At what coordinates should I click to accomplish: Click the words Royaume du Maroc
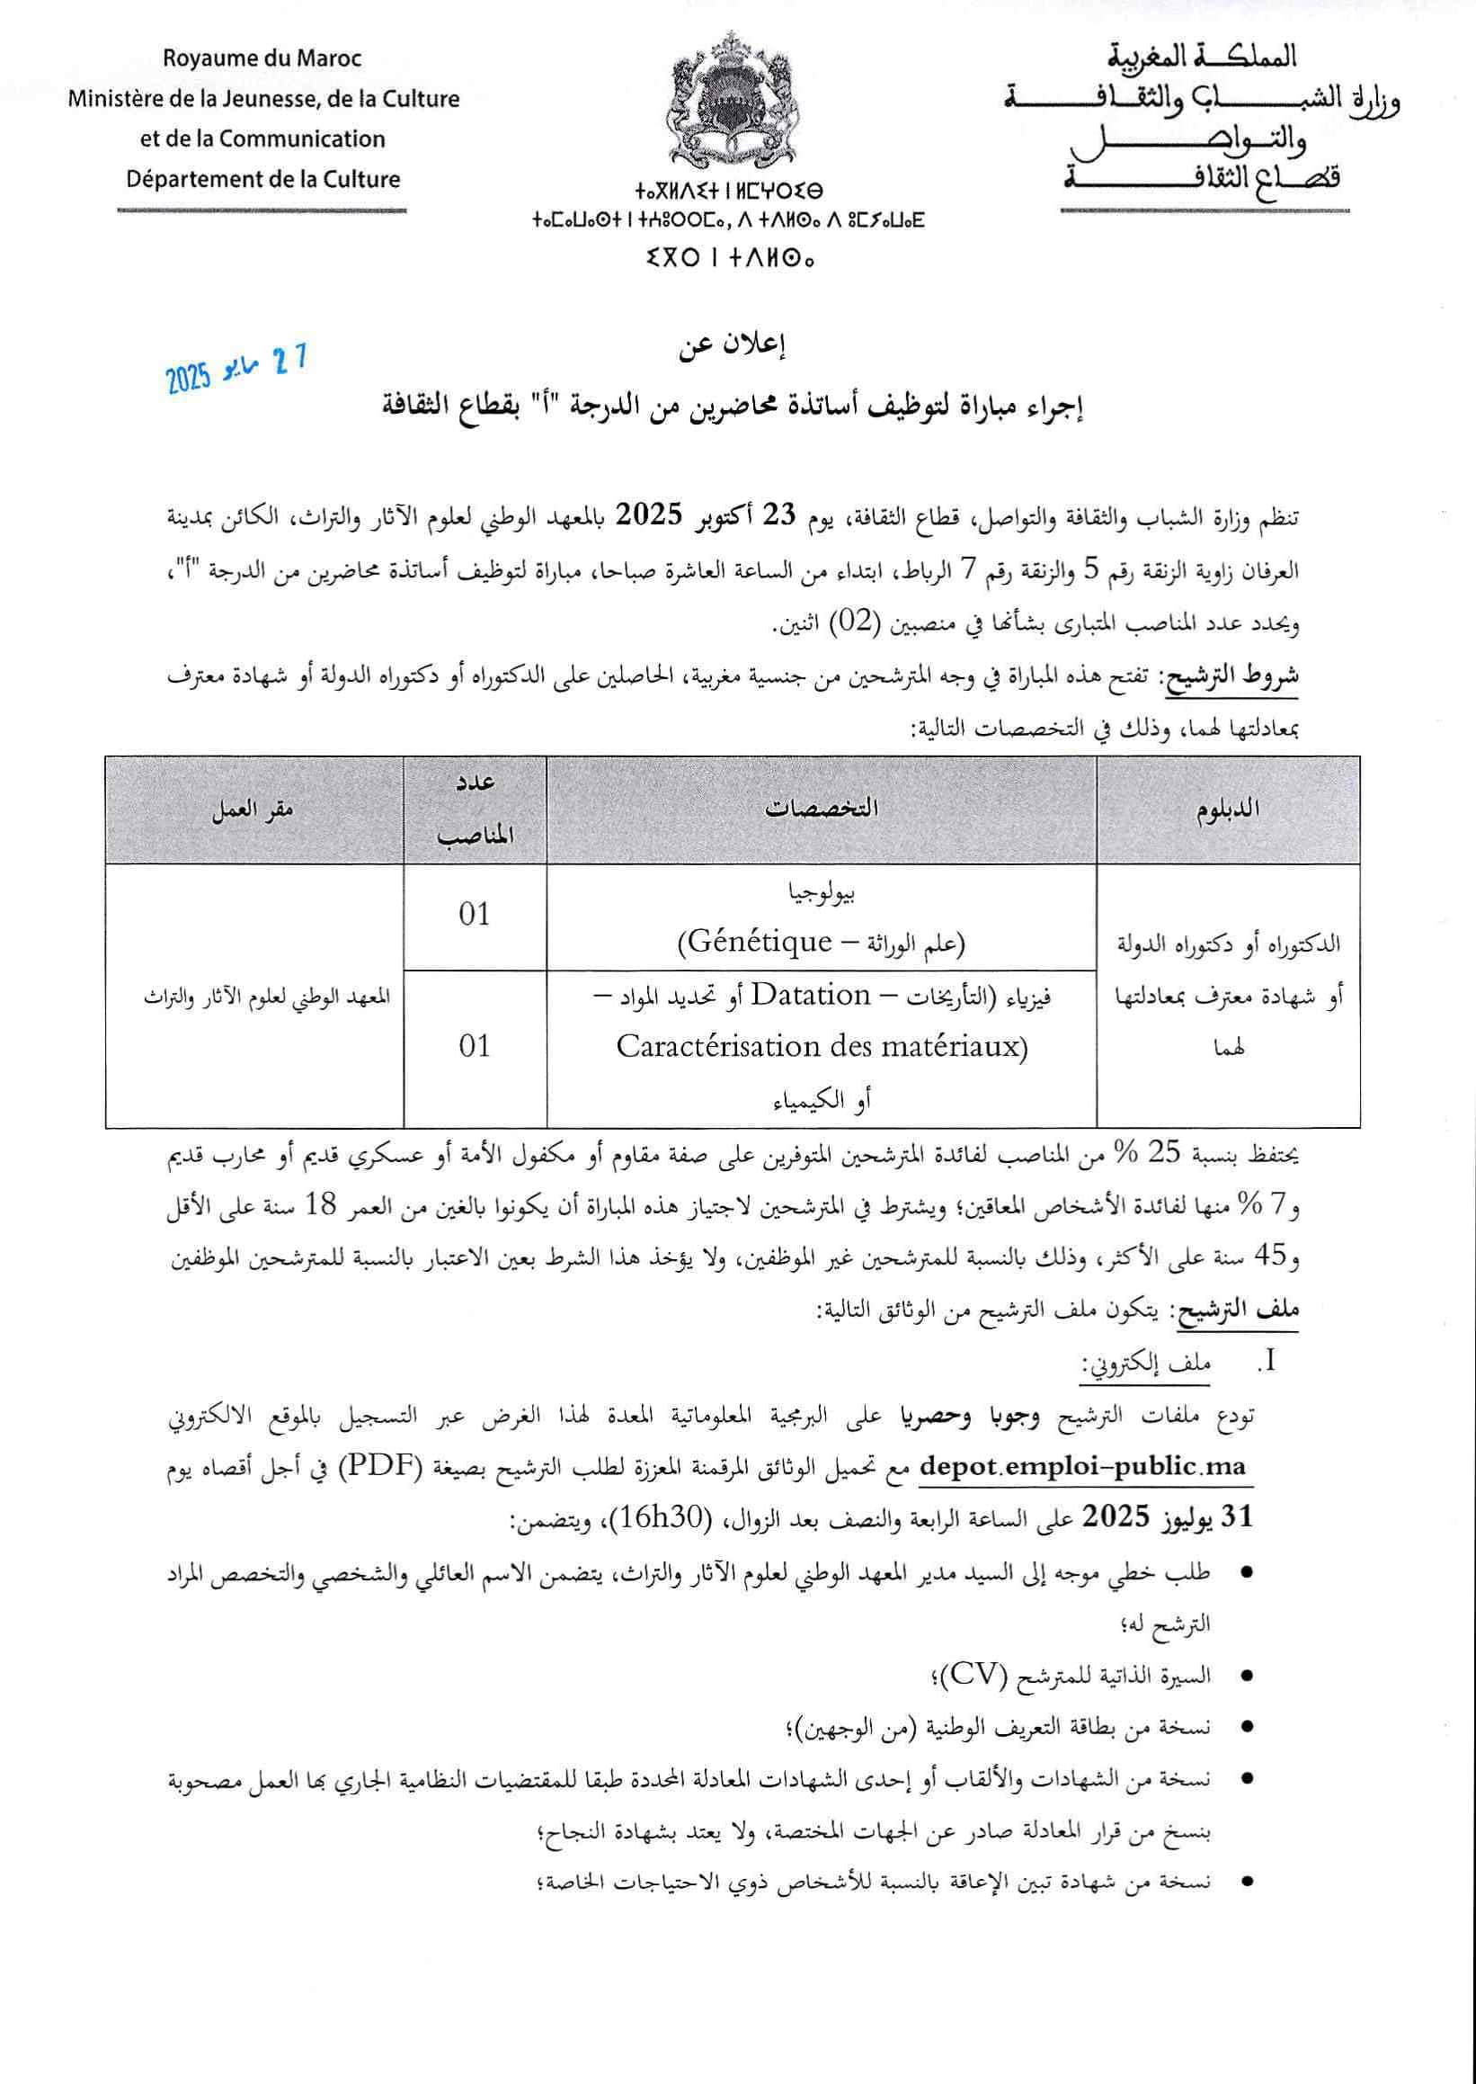262,59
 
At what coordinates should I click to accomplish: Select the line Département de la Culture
262,179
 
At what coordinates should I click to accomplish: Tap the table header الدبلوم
1227,809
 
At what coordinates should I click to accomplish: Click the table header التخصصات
821,809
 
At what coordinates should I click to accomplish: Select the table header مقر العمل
253,809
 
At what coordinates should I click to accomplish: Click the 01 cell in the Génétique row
475,915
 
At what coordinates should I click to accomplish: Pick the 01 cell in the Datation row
475,1046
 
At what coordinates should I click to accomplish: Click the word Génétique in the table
759,942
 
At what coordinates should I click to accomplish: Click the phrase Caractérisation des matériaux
821,1048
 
